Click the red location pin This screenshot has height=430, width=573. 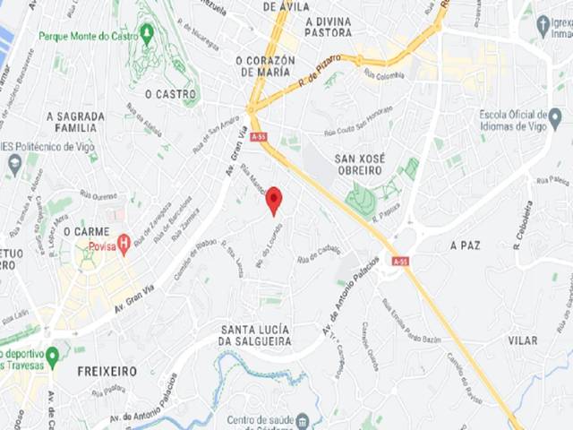coord(274,200)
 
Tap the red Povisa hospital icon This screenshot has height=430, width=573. coord(124,241)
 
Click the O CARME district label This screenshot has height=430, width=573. coord(91,231)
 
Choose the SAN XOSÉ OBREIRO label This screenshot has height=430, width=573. coord(359,164)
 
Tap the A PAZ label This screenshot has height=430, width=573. coord(466,245)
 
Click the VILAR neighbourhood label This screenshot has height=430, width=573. coord(522,340)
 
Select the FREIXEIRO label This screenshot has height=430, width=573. coord(107,370)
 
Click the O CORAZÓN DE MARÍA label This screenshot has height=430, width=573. coord(263,65)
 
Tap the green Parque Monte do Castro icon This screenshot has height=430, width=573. coord(147,31)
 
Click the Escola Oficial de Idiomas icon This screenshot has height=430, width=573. coord(554,117)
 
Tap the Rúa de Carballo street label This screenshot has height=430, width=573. coord(319,254)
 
